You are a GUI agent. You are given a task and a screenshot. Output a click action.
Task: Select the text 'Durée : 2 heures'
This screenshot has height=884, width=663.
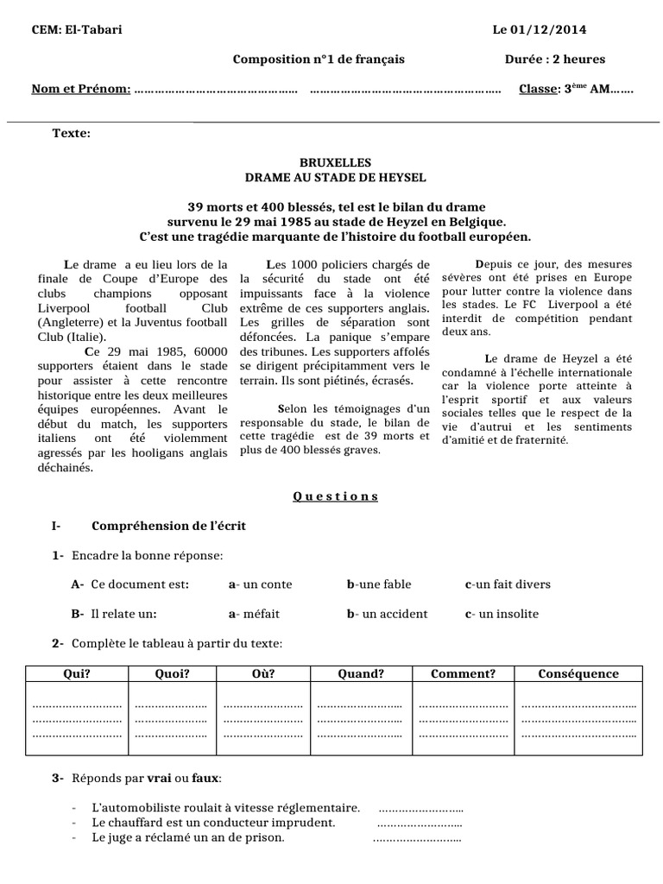(555, 60)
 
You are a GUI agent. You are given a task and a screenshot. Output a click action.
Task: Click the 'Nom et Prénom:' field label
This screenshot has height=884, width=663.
(81, 89)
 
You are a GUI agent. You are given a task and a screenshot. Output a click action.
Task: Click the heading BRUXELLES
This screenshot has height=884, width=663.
(335, 162)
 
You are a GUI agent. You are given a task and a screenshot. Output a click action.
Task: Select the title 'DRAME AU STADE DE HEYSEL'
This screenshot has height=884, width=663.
(335, 177)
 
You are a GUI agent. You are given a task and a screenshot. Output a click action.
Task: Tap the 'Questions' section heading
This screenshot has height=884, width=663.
(335, 496)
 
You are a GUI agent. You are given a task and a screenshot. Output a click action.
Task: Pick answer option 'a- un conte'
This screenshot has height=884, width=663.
(260, 584)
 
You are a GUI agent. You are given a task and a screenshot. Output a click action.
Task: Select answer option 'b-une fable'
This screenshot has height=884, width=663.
(379, 584)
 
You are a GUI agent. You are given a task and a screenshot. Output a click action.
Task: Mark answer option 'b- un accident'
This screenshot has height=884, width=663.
(387, 614)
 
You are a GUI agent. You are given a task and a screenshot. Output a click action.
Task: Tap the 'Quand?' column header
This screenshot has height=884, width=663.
(361, 674)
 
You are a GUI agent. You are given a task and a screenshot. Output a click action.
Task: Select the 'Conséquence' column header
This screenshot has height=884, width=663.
(578, 674)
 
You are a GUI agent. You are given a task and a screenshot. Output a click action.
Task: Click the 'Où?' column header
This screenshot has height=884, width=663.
(263, 674)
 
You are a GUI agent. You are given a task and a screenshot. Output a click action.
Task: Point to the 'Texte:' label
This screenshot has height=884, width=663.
(71, 133)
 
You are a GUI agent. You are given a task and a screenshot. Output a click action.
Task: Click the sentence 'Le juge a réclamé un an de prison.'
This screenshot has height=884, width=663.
(187, 837)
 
